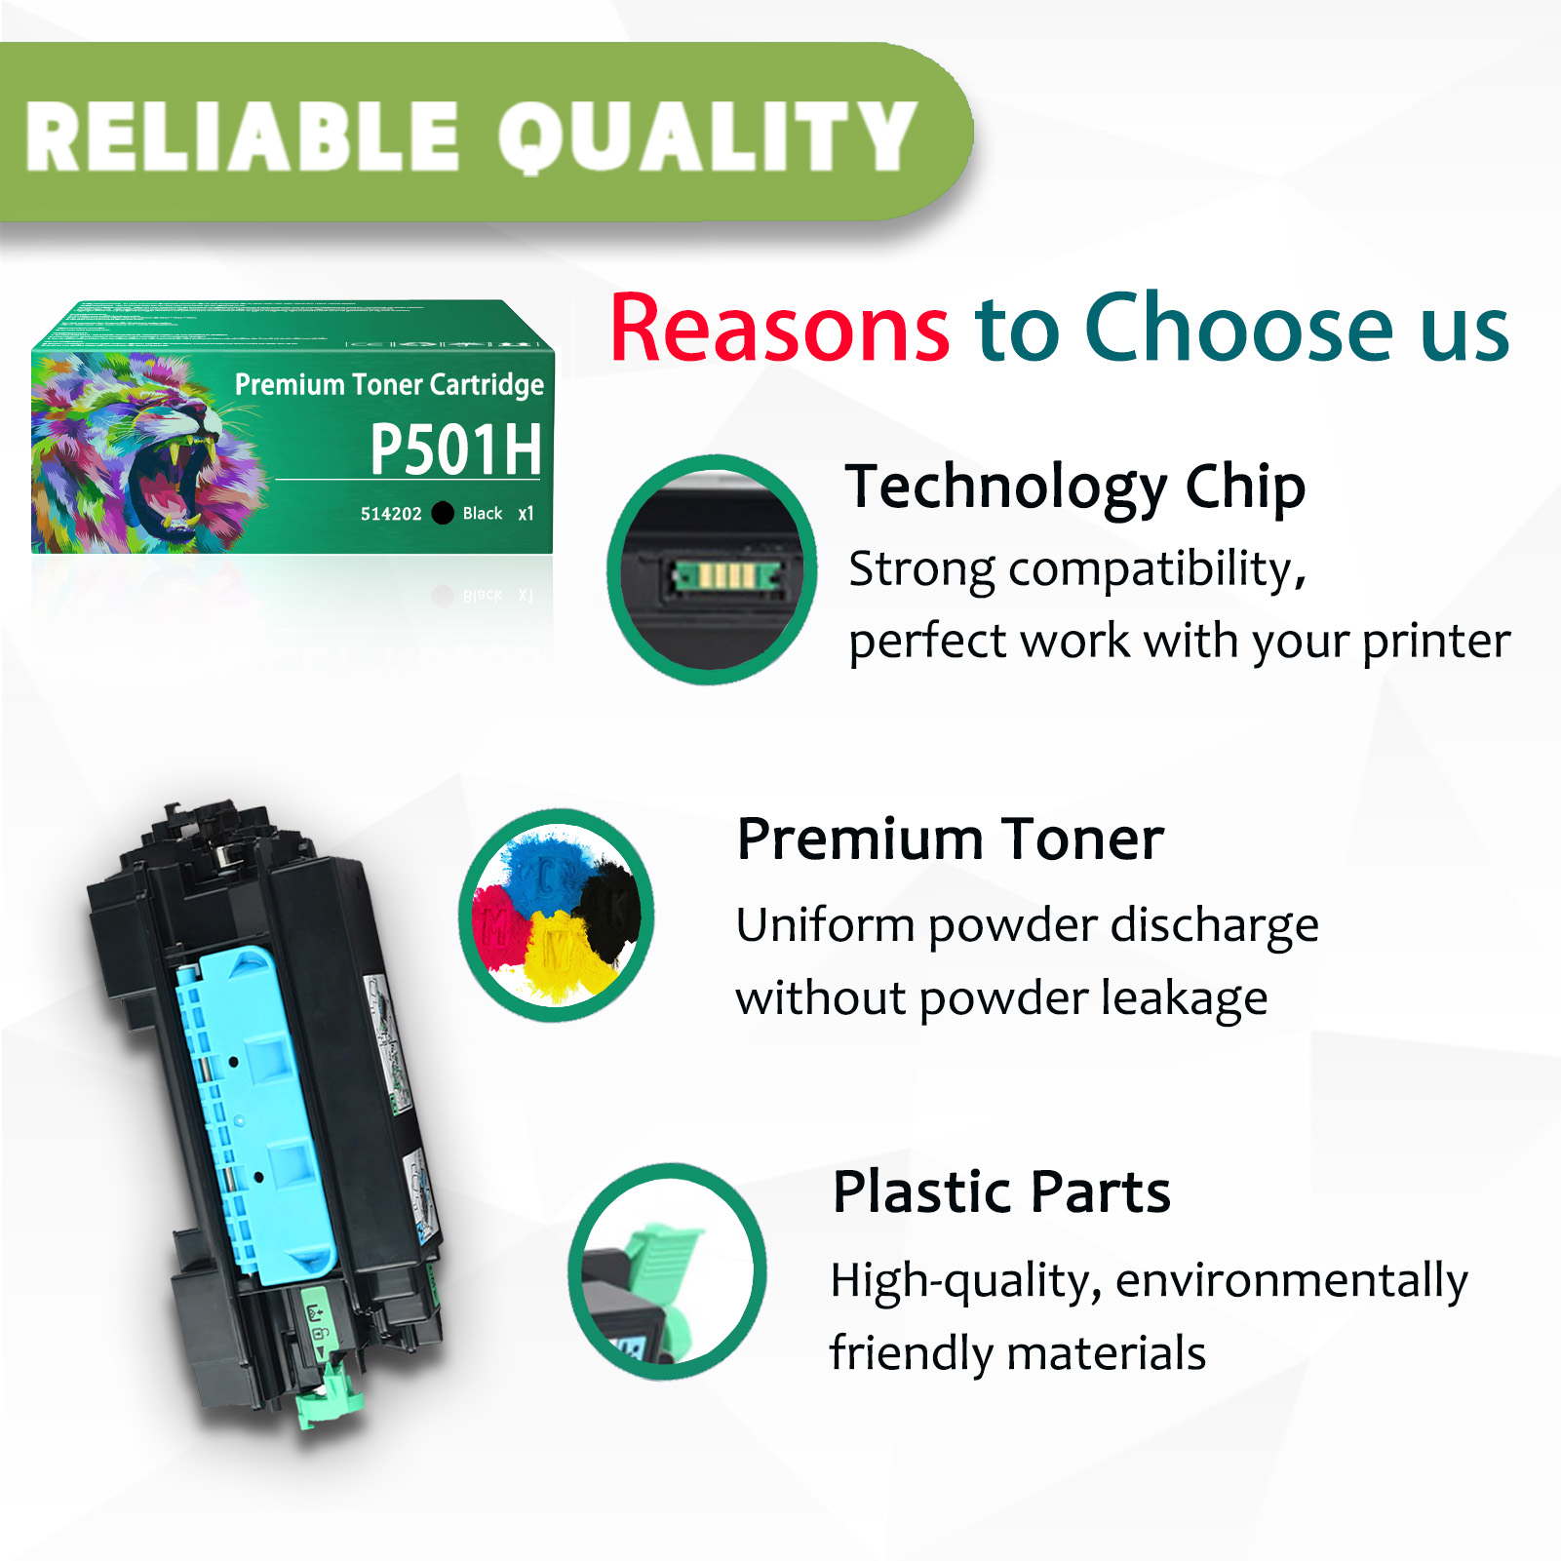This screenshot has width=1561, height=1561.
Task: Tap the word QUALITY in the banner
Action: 707,137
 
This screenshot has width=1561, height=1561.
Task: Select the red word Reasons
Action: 779,329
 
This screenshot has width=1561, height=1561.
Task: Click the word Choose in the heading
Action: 1239,329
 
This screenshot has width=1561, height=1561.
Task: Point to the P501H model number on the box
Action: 455,449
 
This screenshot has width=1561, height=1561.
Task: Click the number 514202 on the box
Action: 390,514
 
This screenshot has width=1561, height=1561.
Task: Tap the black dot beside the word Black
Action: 443,513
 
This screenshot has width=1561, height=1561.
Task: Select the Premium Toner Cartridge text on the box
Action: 389,384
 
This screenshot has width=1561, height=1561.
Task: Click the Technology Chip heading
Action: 1074,487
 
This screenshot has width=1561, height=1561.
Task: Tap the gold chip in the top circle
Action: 727,575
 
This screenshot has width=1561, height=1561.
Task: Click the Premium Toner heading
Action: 950,839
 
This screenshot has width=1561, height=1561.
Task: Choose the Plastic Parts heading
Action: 1000,1191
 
